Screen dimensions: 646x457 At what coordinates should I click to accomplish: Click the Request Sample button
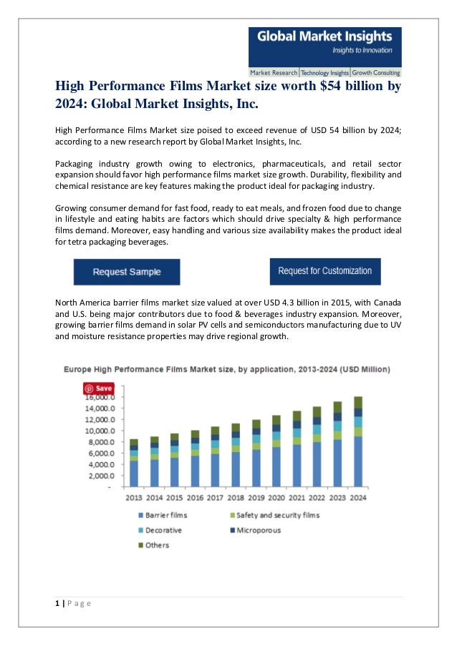tap(127, 272)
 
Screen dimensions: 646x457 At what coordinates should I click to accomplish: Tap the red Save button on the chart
tap(99, 388)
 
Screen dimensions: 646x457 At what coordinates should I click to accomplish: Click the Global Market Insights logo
tap(324, 47)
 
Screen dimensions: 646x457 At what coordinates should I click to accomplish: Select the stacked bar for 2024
tap(358, 441)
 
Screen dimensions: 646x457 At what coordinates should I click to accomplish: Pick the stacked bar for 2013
tap(134, 463)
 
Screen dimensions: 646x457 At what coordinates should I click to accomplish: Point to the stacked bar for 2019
tap(256, 453)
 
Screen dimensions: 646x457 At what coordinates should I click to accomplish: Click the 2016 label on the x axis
tap(195, 497)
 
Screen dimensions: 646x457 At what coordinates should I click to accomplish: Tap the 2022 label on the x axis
tap(317, 497)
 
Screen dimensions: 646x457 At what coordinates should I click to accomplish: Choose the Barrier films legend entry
tap(166, 515)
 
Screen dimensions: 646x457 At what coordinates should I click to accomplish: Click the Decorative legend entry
tap(163, 530)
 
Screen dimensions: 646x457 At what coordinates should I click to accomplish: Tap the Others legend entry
tap(157, 545)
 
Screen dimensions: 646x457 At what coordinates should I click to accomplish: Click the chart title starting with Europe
tap(227, 370)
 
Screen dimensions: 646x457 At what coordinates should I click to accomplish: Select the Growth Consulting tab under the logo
tap(376, 73)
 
